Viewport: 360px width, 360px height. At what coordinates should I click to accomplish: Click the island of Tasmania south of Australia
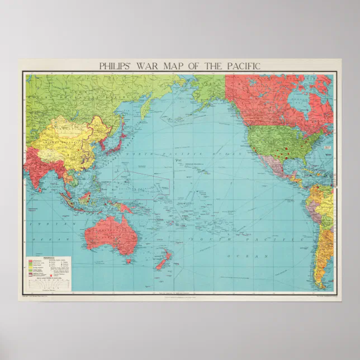[x=129, y=260]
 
